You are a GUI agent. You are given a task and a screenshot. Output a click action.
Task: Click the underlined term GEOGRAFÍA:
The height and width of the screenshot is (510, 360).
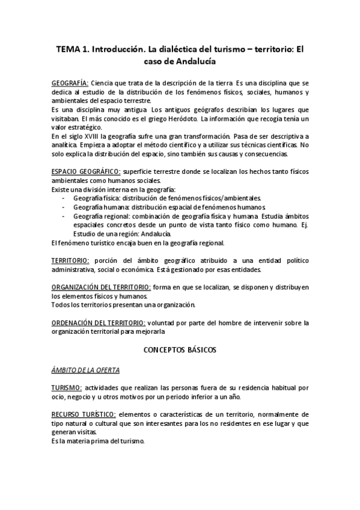point(70,82)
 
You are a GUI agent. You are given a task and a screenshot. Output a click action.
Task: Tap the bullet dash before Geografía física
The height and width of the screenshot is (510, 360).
point(65,197)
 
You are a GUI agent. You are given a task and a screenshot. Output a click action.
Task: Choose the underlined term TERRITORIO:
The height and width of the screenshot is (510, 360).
point(70,260)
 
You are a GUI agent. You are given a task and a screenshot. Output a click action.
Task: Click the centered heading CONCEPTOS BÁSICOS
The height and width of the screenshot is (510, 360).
point(180,349)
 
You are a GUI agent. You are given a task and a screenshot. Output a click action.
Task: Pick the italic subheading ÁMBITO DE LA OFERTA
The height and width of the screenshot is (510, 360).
point(85,369)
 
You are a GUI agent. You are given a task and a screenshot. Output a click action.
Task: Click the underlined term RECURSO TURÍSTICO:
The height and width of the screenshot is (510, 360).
point(84,415)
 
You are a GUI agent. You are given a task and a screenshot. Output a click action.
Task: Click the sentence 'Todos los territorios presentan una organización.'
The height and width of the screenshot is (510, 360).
point(124,305)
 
